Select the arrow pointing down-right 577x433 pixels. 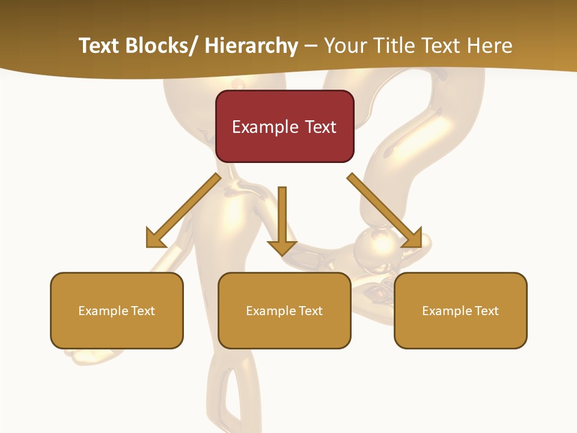[387, 211]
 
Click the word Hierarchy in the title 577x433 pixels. [251, 46]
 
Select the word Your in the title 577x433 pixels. [344, 46]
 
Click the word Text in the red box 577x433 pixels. [320, 127]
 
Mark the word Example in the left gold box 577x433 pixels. [103, 311]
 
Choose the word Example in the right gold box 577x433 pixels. [447, 311]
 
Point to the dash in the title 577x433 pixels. [311, 46]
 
